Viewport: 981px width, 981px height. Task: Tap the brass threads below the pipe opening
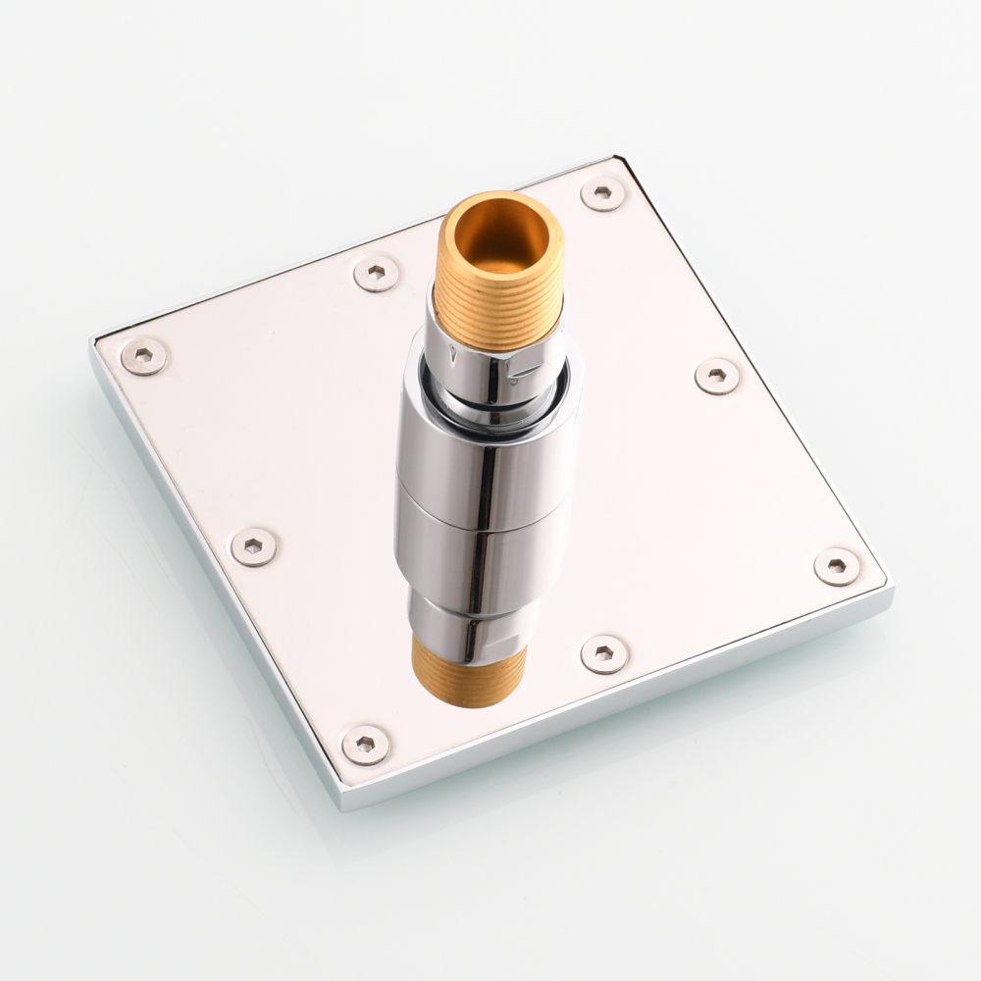500,310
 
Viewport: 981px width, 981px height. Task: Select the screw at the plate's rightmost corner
837,567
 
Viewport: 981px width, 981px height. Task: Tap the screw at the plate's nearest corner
365,745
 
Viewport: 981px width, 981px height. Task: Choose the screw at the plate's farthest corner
602,192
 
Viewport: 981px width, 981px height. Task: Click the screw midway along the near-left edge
254,546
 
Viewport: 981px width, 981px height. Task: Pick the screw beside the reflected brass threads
603,653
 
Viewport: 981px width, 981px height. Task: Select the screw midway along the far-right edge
717,376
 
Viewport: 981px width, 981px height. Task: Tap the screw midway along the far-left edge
377,273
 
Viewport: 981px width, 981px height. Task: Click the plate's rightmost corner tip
894,589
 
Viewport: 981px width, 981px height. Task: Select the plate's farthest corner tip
618,157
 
